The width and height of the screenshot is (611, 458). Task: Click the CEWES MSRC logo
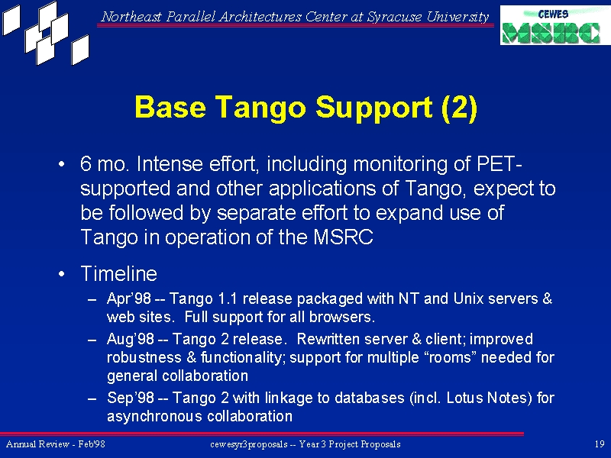(x=555, y=25)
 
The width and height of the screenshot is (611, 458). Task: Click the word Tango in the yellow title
(x=260, y=108)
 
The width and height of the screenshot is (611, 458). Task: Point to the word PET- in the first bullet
(x=499, y=163)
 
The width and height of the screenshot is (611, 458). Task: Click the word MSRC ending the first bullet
(x=343, y=237)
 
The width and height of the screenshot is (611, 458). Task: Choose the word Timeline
(x=119, y=273)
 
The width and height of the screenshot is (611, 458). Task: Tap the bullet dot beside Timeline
(x=62, y=274)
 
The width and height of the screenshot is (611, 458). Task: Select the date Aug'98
(x=131, y=339)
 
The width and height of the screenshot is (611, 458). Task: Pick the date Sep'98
(x=131, y=398)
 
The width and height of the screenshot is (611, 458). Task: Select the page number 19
(x=600, y=444)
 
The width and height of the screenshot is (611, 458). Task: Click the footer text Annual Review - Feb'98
(x=56, y=444)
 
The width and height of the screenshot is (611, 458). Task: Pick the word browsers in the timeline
(x=341, y=317)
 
